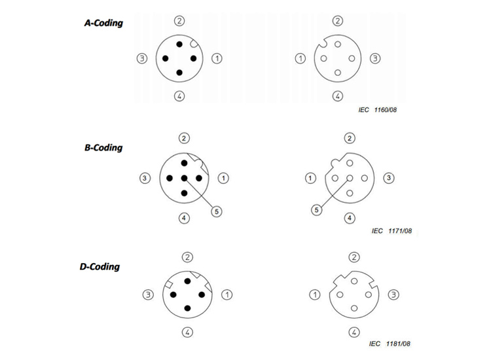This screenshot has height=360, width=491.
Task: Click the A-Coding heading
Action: click(103, 23)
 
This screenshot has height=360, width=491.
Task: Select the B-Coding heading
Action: click(103, 148)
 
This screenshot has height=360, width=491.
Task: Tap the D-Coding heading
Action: click(100, 266)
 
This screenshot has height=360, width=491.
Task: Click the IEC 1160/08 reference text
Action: click(378, 110)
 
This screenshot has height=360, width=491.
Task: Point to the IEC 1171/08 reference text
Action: click(391, 231)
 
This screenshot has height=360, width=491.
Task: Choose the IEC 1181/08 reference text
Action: click(390, 344)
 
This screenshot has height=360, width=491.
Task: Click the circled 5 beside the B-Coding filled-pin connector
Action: click(217, 211)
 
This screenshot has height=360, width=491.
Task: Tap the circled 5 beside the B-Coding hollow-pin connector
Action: click(317, 209)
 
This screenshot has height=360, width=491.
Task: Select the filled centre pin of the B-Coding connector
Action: click(184, 178)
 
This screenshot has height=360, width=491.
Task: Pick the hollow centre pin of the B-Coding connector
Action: click(350, 178)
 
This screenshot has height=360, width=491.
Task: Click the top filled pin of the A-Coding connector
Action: click(179, 45)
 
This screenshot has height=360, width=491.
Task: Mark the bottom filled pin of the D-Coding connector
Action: click(188, 308)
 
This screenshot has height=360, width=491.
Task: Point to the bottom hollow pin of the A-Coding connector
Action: click(338, 73)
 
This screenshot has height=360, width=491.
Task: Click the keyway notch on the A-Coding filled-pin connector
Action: click(194, 44)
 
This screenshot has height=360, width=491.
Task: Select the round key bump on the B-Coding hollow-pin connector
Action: click(335, 162)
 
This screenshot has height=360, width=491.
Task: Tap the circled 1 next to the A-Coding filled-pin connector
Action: click(217, 58)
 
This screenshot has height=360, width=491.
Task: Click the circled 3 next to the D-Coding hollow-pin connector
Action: click(393, 295)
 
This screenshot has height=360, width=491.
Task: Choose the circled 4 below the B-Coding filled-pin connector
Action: click(184, 218)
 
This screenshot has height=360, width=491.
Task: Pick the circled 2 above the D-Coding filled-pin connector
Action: click(188, 257)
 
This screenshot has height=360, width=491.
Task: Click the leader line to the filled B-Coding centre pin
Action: click(200, 194)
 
